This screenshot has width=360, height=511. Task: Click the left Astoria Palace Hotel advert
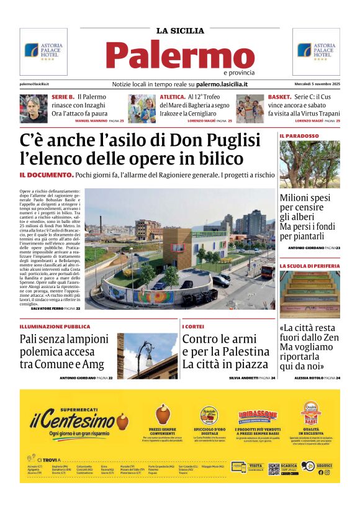coord(43,51)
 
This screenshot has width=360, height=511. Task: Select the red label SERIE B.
coord(63,97)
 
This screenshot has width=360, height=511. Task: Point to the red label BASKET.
coord(279,97)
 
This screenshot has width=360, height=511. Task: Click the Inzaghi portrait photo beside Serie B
coord(33,108)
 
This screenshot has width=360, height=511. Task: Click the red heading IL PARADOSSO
coord(299,135)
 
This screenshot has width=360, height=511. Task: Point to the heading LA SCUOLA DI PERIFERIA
coord(309,266)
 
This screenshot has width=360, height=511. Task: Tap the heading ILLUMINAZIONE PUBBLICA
coord(55,327)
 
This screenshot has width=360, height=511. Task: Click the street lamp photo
coord(147,356)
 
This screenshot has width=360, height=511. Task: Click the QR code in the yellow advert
coord(274,469)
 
